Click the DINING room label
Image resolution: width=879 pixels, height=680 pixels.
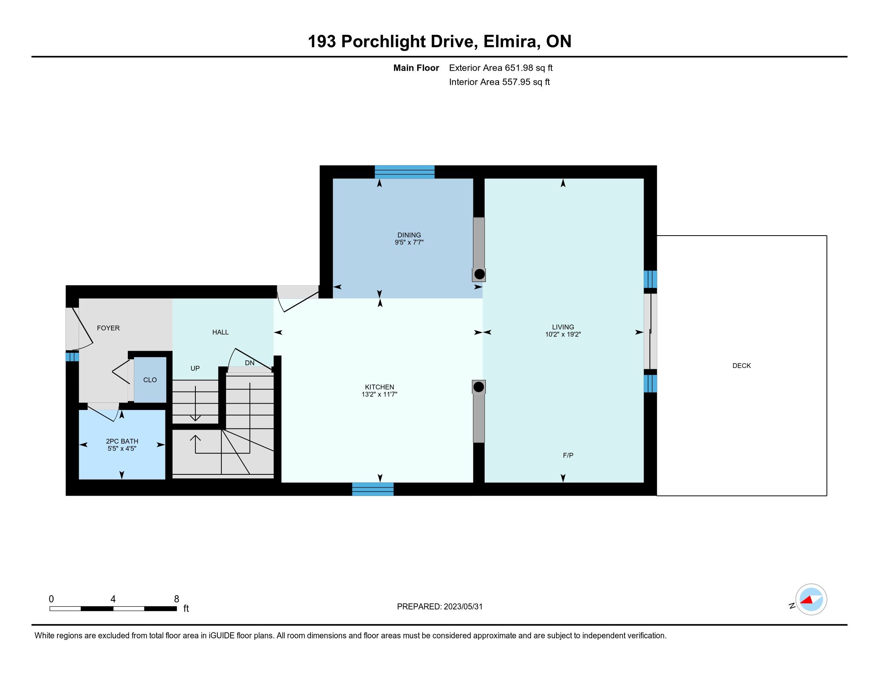(409, 235)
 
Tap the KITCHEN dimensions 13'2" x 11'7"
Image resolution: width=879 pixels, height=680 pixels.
(379, 394)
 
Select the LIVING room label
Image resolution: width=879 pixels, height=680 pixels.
(563, 327)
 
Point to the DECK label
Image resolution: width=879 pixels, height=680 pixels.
(741, 366)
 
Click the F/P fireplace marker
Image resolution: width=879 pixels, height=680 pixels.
(568, 455)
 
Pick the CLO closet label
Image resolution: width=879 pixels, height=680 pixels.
(150, 380)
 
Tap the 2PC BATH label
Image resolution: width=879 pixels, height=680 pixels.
(122, 441)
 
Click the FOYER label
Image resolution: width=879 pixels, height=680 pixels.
(108, 328)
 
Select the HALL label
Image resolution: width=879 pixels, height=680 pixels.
(220, 332)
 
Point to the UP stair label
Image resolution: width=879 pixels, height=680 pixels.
(195, 368)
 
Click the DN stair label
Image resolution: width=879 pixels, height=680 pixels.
(250, 362)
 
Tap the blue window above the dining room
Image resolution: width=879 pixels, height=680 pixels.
(404, 172)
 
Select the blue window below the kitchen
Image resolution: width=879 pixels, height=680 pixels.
(373, 489)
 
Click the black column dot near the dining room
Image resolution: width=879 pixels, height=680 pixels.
(479, 274)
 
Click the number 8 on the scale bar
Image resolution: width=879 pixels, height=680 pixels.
(176, 599)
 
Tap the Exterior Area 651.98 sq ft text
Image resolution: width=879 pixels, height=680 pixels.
(501, 68)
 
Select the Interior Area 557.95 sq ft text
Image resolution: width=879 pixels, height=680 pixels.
(499, 82)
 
